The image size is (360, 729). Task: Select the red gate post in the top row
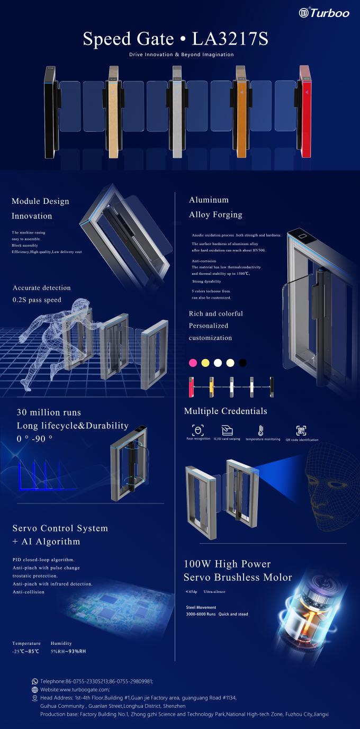pyautogui.click(x=305, y=111)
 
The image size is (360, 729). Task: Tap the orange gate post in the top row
pyautogui.click(x=240, y=111)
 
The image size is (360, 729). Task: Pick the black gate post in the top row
pyautogui.click(x=50, y=111)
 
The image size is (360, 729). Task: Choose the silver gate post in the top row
pyautogui.click(x=177, y=111)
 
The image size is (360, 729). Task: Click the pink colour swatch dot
pyautogui.click(x=193, y=363)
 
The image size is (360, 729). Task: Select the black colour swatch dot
pyautogui.click(x=242, y=363)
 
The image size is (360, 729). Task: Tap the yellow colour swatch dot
pyautogui.click(x=205, y=363)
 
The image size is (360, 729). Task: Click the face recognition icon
pyautogui.click(x=197, y=430)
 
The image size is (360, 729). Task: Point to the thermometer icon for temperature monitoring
pyautogui.click(x=260, y=430)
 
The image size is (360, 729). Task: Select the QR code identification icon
pyautogui.click(x=301, y=430)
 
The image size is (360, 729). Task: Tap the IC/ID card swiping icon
pyautogui.click(x=227, y=430)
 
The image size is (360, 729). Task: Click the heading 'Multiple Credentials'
pyautogui.click(x=226, y=411)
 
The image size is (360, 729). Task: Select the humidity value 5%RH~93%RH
pyautogui.click(x=68, y=651)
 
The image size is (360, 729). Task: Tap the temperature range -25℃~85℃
pyautogui.click(x=25, y=651)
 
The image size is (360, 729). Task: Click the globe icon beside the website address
pyautogui.click(x=35, y=690)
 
